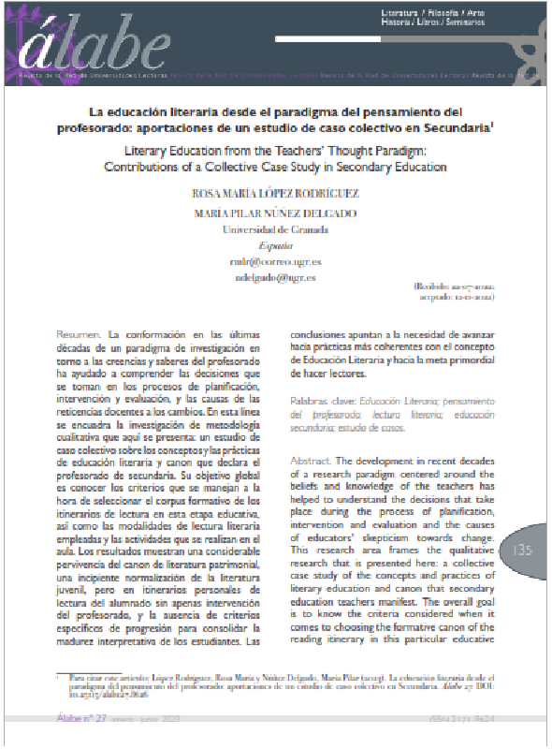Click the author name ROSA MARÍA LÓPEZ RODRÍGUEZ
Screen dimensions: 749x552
(x=275, y=193)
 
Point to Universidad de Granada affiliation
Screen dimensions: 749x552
(x=275, y=229)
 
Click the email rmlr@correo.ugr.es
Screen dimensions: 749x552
(x=275, y=262)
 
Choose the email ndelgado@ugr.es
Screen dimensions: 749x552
(x=275, y=278)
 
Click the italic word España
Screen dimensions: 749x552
(x=275, y=246)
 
